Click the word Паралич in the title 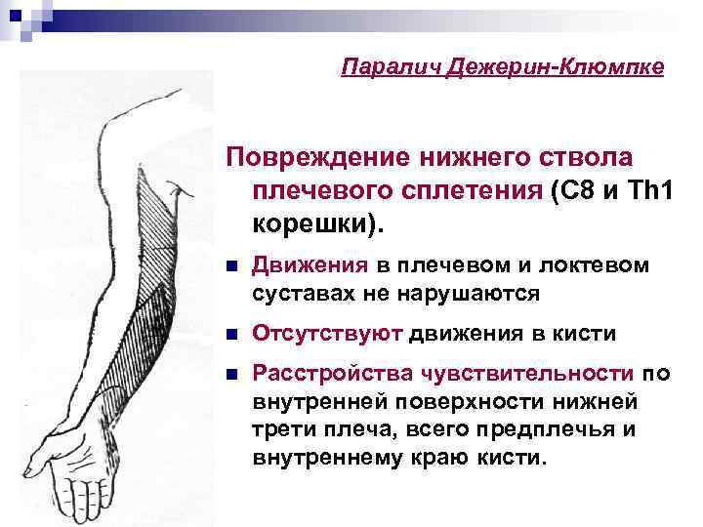[381, 67]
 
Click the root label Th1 [652, 191]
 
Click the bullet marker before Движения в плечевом [229, 266]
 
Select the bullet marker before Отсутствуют [229, 335]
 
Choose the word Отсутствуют [327, 335]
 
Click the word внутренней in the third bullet [312, 401]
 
